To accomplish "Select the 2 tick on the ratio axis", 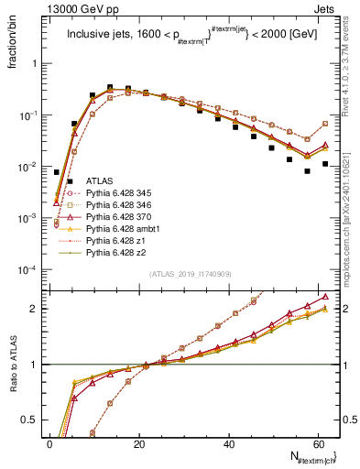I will (x=36, y=309).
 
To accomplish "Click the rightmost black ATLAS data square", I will (x=325, y=164).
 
